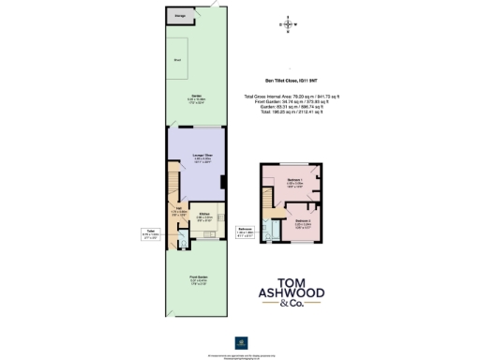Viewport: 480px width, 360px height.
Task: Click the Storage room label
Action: tap(179, 16)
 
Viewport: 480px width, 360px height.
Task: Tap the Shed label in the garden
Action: tap(177, 60)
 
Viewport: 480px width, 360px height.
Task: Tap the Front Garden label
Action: tap(198, 277)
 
